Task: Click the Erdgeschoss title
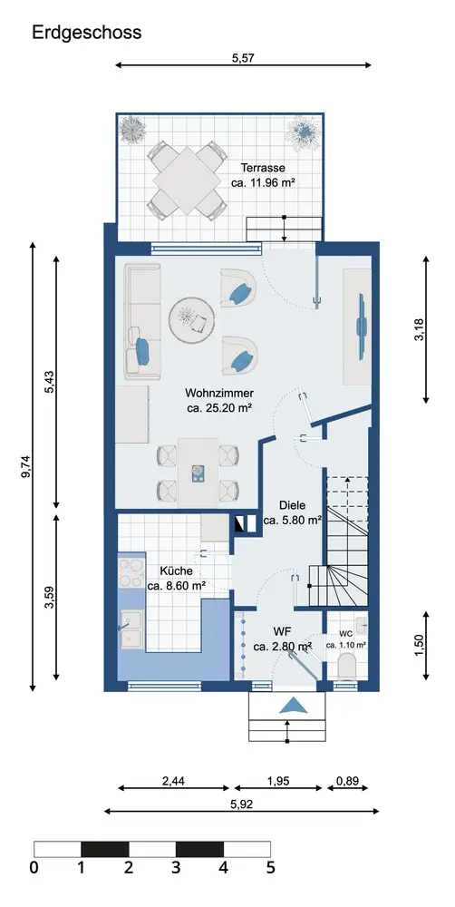(87, 33)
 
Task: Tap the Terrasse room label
(263, 169)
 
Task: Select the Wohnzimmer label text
(219, 394)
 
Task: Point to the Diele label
(293, 505)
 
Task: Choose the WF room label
(284, 631)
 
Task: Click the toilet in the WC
(347, 665)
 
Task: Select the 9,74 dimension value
(24, 467)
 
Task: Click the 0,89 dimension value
(347, 782)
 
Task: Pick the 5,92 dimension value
(242, 804)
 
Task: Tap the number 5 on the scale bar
(270, 868)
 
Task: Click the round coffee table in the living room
(192, 320)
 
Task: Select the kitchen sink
(131, 629)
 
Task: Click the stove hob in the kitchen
(131, 573)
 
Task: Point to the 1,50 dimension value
(419, 645)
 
